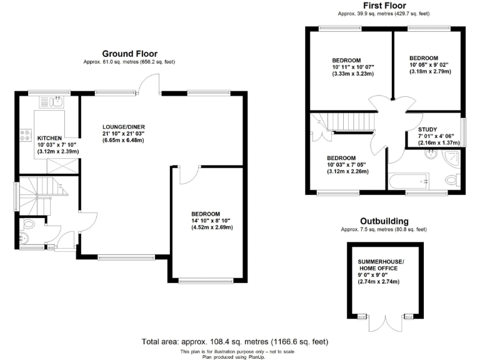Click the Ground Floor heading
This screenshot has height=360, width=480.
[129, 54]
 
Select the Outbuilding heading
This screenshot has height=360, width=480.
[384, 221]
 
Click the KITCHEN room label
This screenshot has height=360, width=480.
[49, 138]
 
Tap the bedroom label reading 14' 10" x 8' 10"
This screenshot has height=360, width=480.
[211, 221]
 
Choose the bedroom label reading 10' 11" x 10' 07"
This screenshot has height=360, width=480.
[352, 67]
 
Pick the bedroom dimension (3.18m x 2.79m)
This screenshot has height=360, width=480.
[430, 71]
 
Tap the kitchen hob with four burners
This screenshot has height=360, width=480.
[26, 135]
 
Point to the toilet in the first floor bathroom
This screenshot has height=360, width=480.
[452, 181]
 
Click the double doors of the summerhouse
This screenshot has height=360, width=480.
[381, 321]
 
